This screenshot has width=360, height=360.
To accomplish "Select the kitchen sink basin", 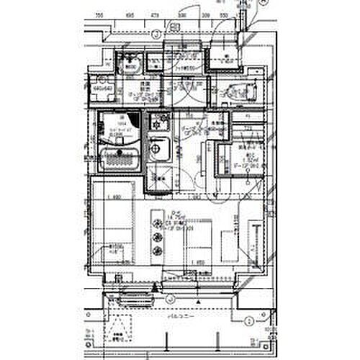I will tap(159, 150).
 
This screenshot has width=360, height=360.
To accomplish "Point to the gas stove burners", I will tap(158, 122).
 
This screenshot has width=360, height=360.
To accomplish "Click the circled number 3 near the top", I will tap(156, 33).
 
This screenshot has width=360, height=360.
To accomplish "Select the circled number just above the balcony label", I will tap(170, 297).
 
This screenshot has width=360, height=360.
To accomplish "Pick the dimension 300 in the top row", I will tap(183, 14).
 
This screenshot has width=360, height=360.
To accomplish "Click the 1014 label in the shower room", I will tap(122, 122).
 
